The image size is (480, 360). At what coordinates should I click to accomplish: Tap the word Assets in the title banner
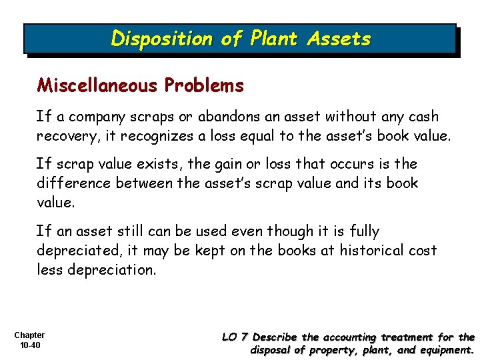click(x=339, y=39)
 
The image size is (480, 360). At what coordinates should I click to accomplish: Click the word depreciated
click(x=77, y=251)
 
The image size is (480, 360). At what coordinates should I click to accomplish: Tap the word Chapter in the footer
click(x=29, y=335)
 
